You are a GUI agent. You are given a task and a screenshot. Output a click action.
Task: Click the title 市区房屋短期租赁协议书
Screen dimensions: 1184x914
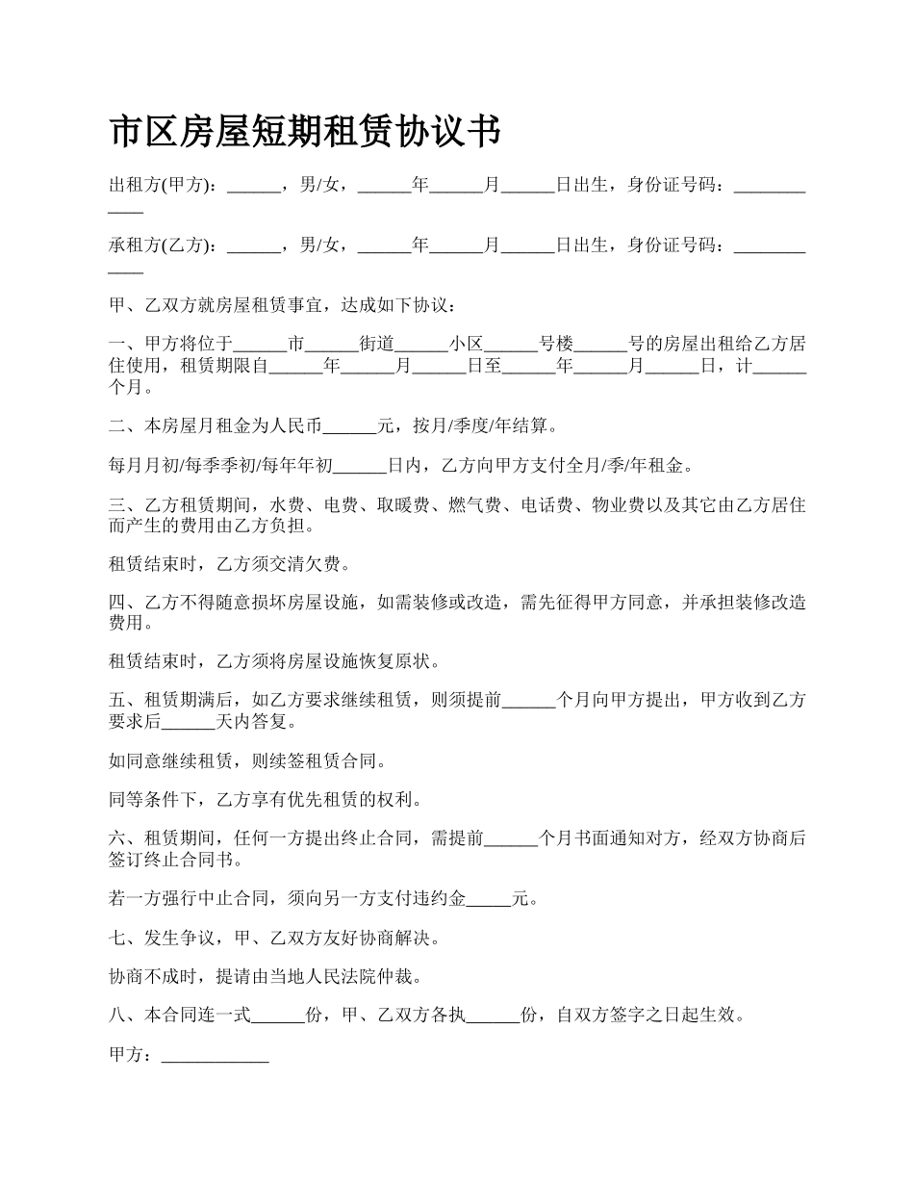[x=305, y=132]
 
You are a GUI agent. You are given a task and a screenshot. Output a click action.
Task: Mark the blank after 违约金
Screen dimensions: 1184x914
[x=488, y=899]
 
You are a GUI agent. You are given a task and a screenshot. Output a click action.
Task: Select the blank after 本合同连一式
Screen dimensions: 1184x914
[x=277, y=1016]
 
